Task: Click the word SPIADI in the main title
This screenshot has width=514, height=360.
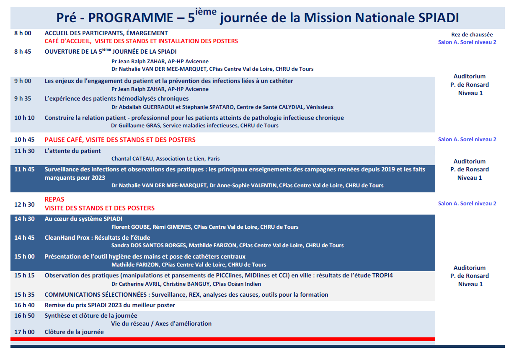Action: (439, 18)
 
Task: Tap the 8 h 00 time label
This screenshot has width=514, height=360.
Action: (23, 33)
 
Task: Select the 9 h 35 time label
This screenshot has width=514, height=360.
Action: (23, 99)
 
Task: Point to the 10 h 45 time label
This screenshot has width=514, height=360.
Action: (24, 140)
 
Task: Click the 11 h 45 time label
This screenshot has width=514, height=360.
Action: (24, 169)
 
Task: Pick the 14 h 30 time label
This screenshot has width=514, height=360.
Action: (24, 219)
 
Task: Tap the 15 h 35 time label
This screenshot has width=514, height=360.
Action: (24, 295)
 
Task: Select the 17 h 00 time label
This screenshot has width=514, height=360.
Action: (24, 332)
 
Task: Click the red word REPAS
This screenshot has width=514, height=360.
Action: (54, 199)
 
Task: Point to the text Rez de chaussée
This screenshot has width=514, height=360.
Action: (472, 35)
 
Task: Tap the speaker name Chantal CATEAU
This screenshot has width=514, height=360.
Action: (132, 159)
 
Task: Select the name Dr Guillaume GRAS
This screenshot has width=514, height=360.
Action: (136, 126)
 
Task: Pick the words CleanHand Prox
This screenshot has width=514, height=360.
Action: (67, 238)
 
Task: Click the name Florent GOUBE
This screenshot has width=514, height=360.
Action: (131, 227)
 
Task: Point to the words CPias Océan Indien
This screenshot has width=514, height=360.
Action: (237, 284)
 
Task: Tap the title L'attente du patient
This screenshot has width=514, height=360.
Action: (72, 151)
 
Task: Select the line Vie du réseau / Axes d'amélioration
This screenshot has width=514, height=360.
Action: (161, 324)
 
